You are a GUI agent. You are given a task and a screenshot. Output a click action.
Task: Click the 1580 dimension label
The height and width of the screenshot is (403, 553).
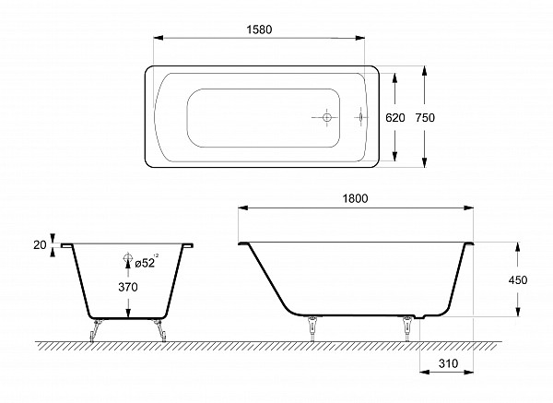pos(259,30)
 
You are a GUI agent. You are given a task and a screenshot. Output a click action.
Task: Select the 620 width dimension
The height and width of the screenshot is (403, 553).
pos(395,117)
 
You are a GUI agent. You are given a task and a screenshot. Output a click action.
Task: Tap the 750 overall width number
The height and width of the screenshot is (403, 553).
pos(425,117)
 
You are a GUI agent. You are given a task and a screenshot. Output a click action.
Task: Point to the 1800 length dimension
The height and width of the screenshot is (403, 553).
pos(355,198)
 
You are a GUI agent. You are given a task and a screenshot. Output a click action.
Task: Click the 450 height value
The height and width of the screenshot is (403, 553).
pos(518,280)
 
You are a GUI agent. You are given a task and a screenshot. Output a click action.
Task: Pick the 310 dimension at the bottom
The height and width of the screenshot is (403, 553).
pos(448,363)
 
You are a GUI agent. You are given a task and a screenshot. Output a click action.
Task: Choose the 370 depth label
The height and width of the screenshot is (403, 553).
pos(128,287)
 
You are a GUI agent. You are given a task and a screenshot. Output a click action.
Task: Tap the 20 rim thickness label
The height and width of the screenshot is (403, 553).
pos(40,244)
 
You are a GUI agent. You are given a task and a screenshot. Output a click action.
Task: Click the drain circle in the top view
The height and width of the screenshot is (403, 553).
pos(327,117)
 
